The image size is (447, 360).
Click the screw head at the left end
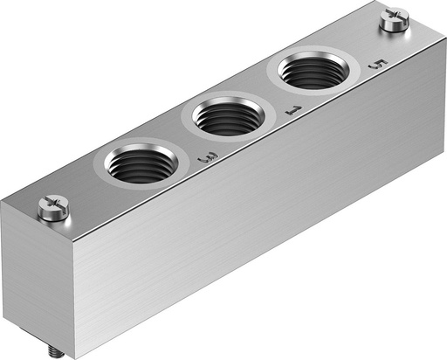pos(52,208)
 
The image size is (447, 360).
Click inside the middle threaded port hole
pos(226,116)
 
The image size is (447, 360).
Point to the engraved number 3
pos(208,158)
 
